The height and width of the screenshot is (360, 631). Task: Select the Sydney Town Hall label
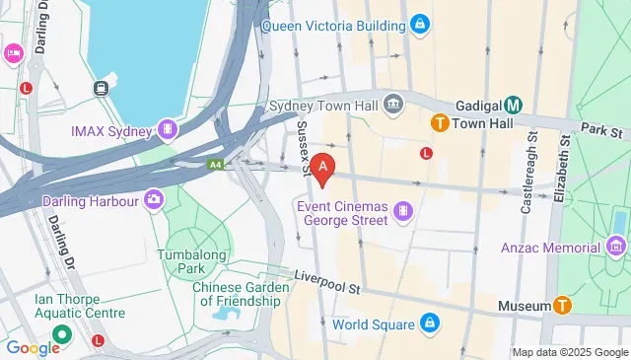coord(325,104)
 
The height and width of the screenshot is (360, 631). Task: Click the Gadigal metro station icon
coord(514,105)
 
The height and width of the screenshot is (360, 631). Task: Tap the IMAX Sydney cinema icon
coord(170,130)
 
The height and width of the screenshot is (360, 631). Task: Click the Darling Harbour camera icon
coord(153,200)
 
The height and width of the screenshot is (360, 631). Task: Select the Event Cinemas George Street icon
coord(402,211)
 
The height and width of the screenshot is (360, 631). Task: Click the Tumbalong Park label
coord(193,261)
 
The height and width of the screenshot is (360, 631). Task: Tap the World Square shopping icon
coord(430,323)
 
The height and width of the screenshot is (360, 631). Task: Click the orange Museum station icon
coord(563,307)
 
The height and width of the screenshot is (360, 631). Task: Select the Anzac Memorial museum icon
coord(618,244)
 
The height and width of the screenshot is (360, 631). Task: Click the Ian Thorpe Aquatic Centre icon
coord(60,334)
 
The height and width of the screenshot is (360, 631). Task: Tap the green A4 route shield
coord(215,166)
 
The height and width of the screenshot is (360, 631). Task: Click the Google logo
coord(34,347)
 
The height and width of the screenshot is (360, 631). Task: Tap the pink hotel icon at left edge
coord(14,52)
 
